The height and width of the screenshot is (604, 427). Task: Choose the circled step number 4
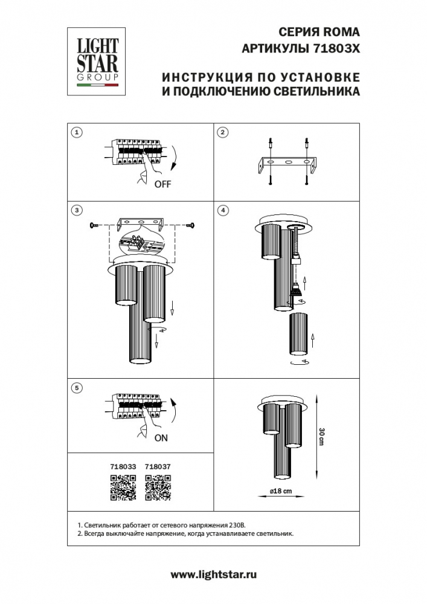pos(223,210)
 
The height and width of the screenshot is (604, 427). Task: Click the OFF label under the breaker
pos(162,184)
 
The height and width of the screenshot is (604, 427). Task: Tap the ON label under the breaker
pos(161,439)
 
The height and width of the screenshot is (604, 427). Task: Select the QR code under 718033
pos(123,487)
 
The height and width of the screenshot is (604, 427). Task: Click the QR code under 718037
pos(159,487)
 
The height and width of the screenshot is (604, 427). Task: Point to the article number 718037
pos(159,467)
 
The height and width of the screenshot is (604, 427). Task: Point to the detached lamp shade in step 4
pos(300,335)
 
